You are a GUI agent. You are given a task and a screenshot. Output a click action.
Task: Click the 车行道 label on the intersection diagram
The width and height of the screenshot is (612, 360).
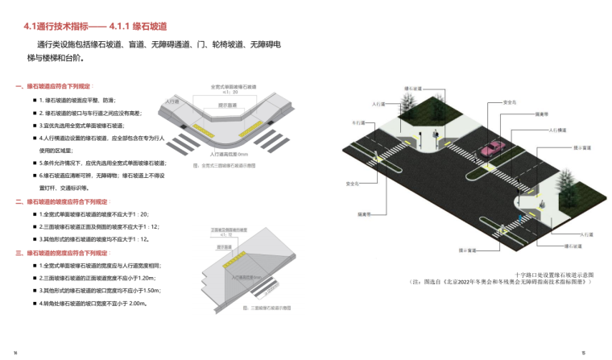pyautogui.click(x=360, y=123)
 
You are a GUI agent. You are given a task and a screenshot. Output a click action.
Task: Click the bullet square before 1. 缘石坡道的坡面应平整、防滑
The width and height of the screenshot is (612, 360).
pyautogui.click(x=34, y=100)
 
